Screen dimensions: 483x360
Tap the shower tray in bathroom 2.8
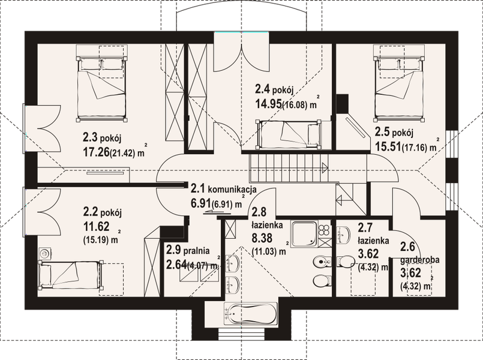click(304, 235)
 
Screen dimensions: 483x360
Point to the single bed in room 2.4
click(288, 134)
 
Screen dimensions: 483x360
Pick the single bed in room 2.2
click(70, 274)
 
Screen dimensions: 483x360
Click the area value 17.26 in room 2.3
click(96, 152)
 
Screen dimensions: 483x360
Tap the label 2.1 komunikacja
click(223, 188)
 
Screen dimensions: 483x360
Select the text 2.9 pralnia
click(188, 250)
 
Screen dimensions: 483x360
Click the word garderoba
click(419, 260)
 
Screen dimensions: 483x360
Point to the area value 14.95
click(268, 104)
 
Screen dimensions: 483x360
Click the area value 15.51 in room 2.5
click(388, 146)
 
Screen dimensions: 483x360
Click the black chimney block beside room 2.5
click(342, 103)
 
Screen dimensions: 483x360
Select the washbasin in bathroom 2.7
click(343, 235)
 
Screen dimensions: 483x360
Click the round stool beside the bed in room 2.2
click(44, 253)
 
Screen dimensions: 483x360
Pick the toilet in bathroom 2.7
click(345, 262)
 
